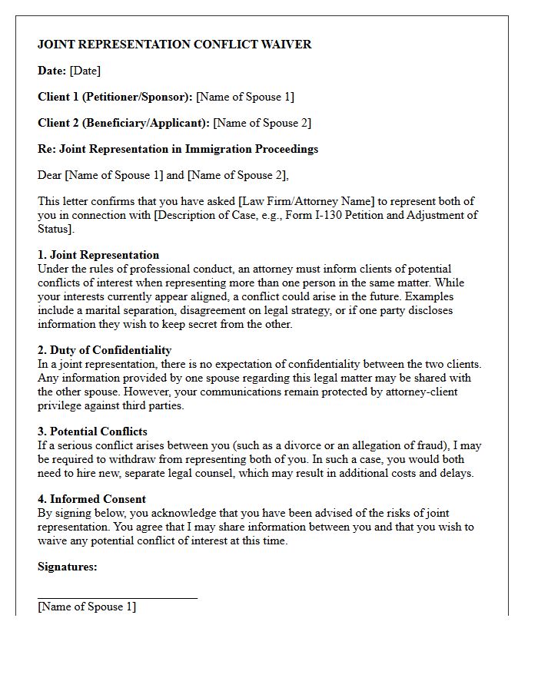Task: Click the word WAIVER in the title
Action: (x=285, y=45)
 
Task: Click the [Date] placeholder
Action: (x=85, y=71)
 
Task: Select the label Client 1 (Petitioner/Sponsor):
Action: (x=115, y=97)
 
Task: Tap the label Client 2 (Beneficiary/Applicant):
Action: (x=124, y=123)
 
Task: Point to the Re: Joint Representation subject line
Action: (x=178, y=149)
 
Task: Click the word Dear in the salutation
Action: (x=50, y=175)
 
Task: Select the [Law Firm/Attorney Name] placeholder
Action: (x=307, y=201)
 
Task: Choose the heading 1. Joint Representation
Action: (x=98, y=255)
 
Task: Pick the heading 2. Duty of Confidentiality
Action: (x=105, y=350)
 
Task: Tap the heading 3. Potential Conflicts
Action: (x=92, y=431)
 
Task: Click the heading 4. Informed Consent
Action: (x=91, y=499)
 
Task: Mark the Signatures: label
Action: (x=68, y=567)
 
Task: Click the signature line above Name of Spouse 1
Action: (x=118, y=597)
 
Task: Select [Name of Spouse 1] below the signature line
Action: (x=87, y=607)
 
